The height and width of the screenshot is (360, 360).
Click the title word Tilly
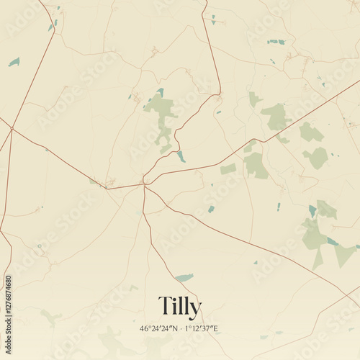pos(179,307)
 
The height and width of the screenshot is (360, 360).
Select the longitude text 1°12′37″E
pos(201,329)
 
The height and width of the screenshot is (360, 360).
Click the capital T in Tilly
pos(164,306)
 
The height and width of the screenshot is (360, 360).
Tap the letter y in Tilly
pos(196,310)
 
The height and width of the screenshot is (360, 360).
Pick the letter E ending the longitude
pos(215,329)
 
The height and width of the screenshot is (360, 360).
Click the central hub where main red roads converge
pos(144,184)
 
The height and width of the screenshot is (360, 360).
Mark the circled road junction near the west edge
pos(12,128)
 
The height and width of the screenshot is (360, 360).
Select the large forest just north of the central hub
pos(162,119)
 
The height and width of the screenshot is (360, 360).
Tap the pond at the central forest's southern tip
pos(181,156)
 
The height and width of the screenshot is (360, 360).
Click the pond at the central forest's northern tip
pos(160,91)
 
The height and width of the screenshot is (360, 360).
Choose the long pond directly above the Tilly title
pos(184,277)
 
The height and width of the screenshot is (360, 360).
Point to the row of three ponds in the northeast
pos(276,42)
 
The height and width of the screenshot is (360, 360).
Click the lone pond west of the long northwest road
pos(14,62)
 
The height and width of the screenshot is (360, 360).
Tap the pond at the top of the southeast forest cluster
pos(312,211)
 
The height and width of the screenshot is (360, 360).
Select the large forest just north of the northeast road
pos(275,115)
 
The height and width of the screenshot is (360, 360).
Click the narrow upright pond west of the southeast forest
pos(279,207)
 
